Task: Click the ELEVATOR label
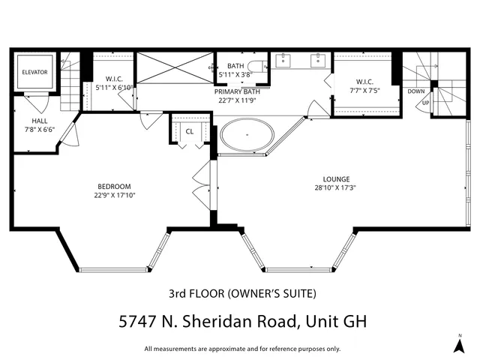34,72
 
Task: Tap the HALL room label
40,121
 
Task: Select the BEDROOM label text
114,187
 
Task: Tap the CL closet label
189,131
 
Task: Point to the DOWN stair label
415,91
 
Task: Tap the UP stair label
425,103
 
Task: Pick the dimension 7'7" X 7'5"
364,90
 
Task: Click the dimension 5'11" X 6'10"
114,88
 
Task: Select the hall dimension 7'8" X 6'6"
40,129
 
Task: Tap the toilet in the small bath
259,66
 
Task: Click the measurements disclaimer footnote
241,349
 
